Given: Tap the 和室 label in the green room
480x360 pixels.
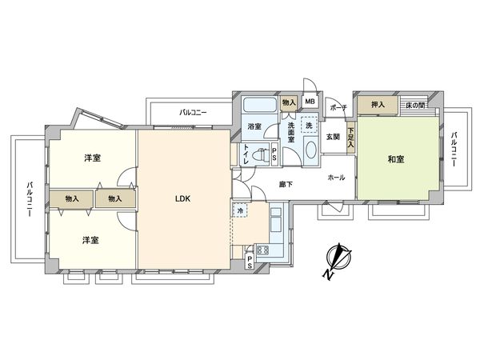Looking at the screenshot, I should coord(395,160).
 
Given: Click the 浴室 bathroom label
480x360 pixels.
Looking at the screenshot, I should coord(254,126).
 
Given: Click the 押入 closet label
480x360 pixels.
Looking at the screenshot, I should coord(375,104).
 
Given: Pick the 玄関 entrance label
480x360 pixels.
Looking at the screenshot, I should coord(333,136).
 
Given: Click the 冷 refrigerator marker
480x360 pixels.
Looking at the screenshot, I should coord(240,210).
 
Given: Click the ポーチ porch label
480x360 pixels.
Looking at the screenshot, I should coord(337,107).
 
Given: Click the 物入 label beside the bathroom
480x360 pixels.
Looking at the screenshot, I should coord(289,102).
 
